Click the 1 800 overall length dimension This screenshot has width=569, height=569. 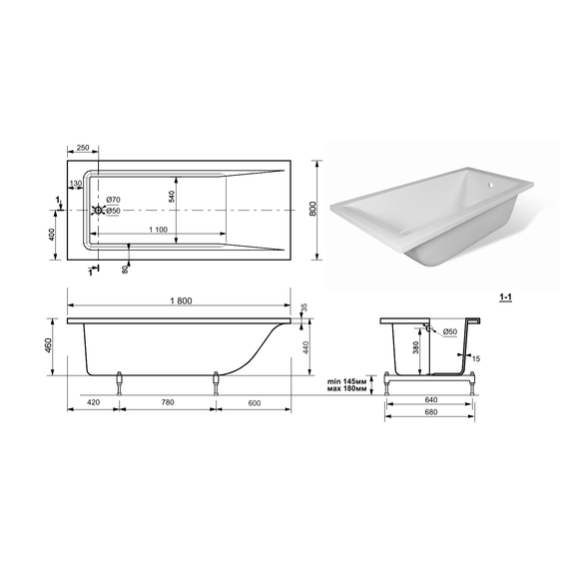point(181,300)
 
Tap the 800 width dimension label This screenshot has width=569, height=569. point(313,209)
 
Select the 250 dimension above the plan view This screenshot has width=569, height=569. point(83,148)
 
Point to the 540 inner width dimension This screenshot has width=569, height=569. point(172,196)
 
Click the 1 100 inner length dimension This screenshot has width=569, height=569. point(158,230)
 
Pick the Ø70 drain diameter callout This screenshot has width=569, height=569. point(113,200)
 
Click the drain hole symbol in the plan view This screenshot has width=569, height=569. point(98,210)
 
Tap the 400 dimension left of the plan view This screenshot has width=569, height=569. point(51,235)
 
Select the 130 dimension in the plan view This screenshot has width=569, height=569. point(76,184)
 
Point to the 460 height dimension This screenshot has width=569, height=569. point(48,345)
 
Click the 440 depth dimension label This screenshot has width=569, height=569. point(305,347)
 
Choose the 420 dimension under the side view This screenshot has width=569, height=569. point(94,402)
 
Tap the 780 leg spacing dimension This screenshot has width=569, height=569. point(168,402)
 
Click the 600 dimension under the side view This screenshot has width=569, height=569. point(255,403)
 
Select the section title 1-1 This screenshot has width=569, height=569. point(505,297)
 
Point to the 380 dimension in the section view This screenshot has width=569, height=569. point(416,347)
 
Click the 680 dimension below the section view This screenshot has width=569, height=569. point(430,412)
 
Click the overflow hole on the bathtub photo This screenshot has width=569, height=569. point(490,186)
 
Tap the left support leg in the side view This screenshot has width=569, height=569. point(119,383)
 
